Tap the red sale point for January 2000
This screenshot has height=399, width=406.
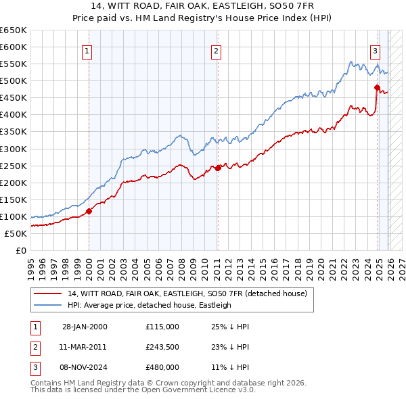89,211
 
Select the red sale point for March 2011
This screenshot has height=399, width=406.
218,168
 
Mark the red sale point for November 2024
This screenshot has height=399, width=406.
377,87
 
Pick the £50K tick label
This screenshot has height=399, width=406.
16,233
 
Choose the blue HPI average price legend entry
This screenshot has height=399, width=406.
149,305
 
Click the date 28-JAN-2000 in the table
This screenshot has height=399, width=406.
85,327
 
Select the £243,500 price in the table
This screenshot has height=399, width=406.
162,347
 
